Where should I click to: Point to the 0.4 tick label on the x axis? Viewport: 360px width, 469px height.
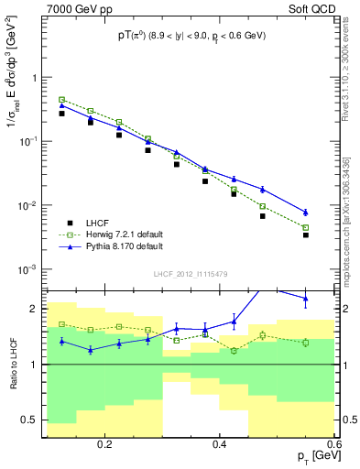pos(220,443)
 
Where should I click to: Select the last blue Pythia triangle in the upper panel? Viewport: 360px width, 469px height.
pos(306,213)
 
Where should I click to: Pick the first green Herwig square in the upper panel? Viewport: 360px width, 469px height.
pos(62,99)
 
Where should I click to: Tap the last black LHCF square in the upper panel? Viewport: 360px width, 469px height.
pos(306,235)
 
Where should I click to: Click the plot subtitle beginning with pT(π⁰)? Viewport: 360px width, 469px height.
pos(190,37)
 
